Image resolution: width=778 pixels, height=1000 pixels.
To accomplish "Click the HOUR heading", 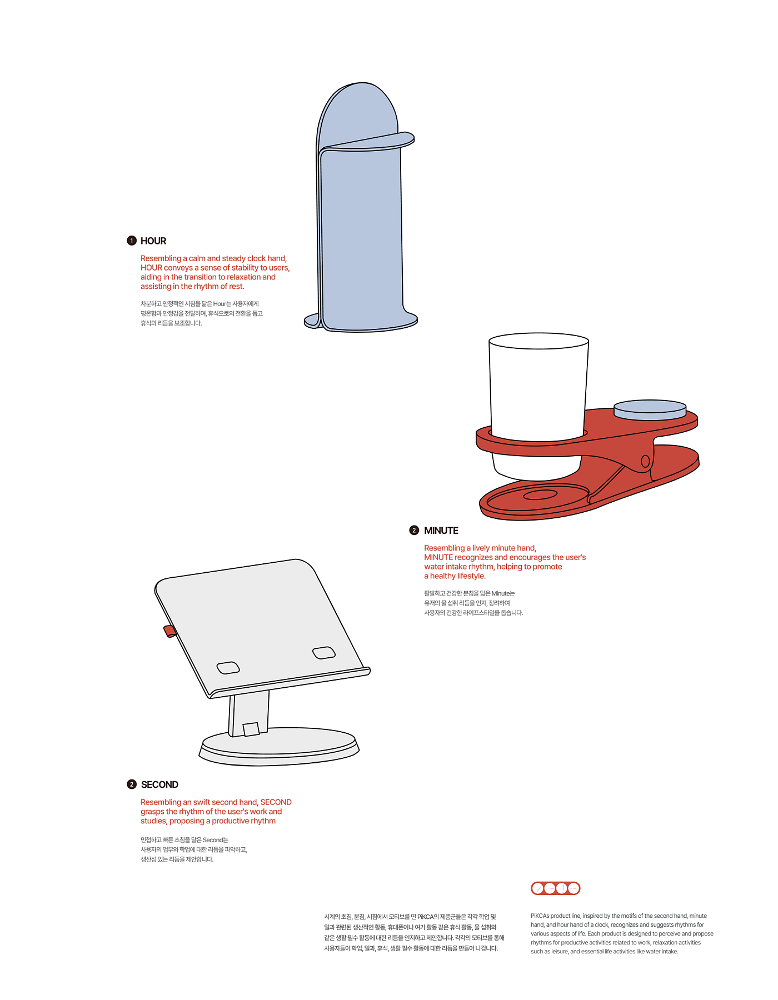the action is pos(153,241).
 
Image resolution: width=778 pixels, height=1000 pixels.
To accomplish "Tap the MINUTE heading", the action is pos(441,531).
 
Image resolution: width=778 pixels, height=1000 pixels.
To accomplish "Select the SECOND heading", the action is pos(159,784).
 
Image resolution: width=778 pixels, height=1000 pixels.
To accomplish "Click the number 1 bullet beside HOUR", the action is pos(132,241).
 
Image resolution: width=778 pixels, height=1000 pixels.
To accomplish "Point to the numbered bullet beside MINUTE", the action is pos(414,531).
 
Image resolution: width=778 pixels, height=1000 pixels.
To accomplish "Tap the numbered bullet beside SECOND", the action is pos(132,784).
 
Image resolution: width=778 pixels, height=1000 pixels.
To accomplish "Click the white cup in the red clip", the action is pos(538,389).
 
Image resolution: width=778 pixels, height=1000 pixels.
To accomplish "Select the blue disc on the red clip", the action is pos(650,409).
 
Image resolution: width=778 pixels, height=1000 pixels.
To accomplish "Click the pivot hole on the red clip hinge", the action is pos(645,461).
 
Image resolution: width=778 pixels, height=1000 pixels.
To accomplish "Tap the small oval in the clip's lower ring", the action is pos(540,494).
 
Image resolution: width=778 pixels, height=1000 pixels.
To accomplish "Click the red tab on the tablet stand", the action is pos(169,631).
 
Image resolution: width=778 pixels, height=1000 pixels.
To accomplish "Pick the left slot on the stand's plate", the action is pos(228,667).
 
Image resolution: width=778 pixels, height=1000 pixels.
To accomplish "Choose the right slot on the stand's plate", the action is pos(324,652).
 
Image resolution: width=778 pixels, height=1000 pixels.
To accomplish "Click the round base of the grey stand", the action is pos(279,748).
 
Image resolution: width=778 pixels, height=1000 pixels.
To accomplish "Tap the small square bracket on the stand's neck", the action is pos(251,729).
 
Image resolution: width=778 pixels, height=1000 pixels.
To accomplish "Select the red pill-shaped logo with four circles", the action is pos(556,888).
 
